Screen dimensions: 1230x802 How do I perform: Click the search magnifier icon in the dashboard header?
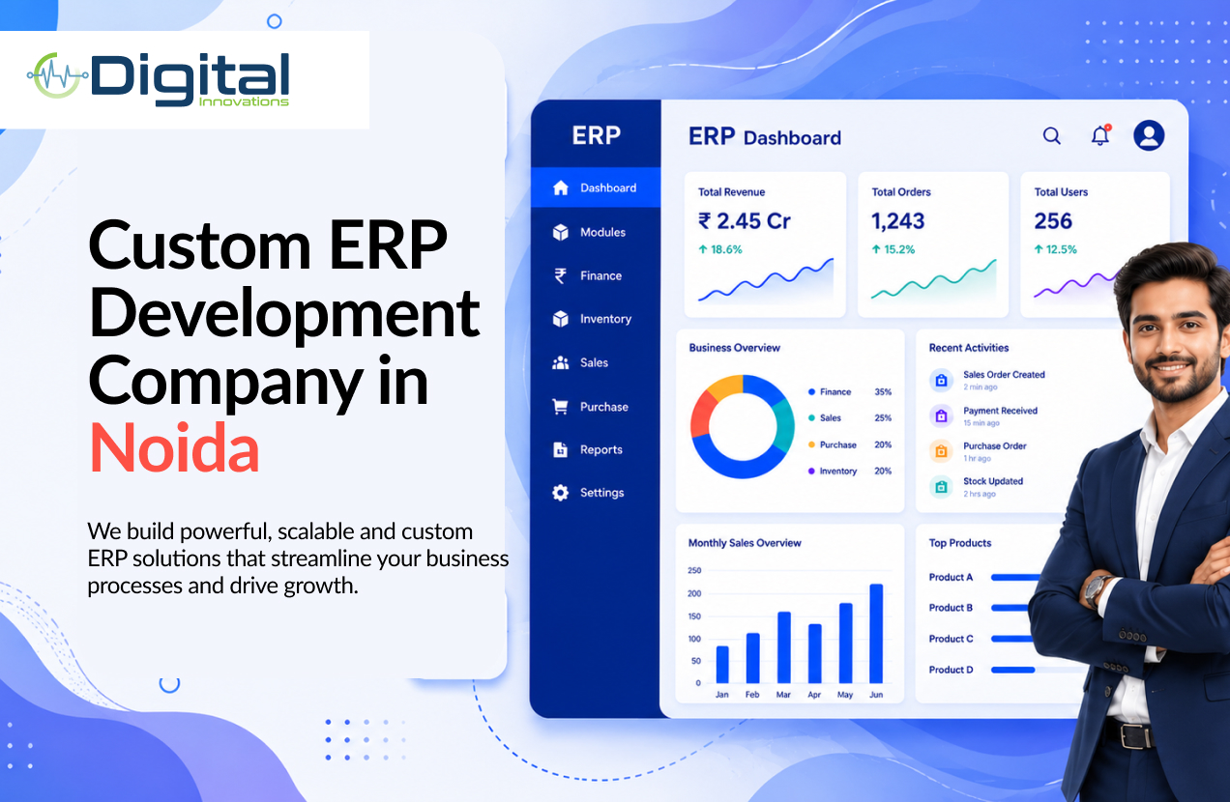tap(1051, 135)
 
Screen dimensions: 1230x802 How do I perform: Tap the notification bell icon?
tap(1100, 135)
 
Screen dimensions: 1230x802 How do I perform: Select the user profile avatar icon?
tap(1149, 135)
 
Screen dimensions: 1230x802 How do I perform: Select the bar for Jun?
tap(876, 634)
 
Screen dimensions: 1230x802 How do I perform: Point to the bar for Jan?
tap(722, 665)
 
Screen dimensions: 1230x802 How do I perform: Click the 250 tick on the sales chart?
tap(694, 570)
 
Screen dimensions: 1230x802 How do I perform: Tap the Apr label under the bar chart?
tap(814, 695)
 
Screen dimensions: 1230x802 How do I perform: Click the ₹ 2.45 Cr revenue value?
tap(744, 221)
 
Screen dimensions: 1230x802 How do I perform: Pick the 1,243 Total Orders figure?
tap(897, 221)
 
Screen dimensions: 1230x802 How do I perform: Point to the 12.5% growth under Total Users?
tap(1055, 249)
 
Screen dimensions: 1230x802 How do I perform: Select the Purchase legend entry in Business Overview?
tap(833, 444)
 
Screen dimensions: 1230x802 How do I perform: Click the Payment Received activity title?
tap(1001, 411)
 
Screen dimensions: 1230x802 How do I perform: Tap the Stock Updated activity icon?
tap(941, 487)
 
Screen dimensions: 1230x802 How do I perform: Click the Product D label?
tap(952, 670)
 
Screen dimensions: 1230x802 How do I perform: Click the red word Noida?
tap(174, 447)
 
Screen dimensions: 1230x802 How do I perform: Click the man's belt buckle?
tap(1134, 735)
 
